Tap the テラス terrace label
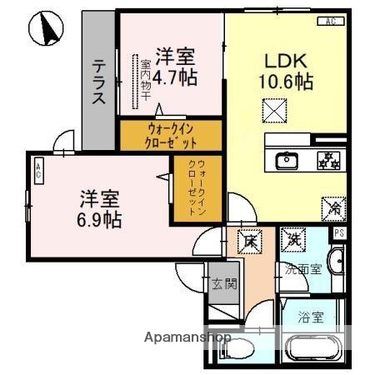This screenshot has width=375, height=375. (x=99, y=82)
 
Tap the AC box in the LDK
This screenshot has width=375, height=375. (x=330, y=20)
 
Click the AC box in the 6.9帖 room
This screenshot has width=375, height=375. (x=38, y=172)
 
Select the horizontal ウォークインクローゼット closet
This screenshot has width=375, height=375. (x=172, y=135)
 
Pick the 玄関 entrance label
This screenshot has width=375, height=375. (x=222, y=284)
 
